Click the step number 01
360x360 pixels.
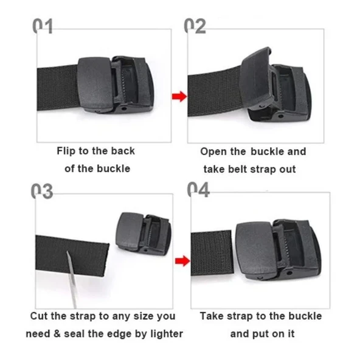(44, 26)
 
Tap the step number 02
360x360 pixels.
(196, 26)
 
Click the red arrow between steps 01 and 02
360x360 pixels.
(178, 96)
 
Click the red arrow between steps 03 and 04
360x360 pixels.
(180, 261)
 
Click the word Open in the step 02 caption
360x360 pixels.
(213, 151)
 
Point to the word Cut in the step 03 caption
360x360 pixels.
(40, 316)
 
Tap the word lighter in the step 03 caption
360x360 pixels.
(165, 334)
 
